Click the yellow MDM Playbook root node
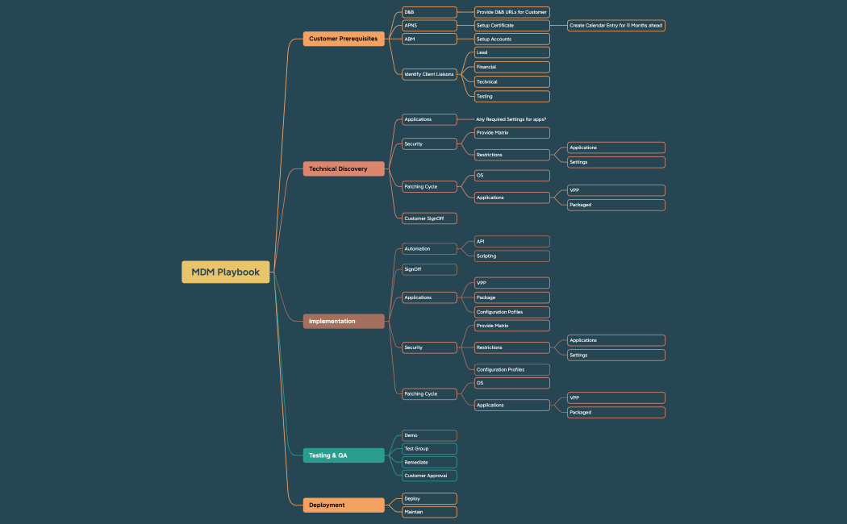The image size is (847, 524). click(225, 272)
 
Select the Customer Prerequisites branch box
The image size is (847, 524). click(344, 39)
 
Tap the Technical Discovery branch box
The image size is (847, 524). click(344, 168)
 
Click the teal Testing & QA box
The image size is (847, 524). click(344, 455)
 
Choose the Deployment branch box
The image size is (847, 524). click(344, 505)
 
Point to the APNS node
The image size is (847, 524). click(429, 26)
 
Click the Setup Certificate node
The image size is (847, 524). click(512, 26)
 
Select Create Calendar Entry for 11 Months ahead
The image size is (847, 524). click(616, 26)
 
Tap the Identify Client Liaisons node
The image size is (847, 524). click(429, 74)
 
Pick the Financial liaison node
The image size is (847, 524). click(512, 67)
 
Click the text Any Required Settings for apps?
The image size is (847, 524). click(511, 119)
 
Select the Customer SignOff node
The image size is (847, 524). click(429, 218)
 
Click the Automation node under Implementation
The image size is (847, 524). click(429, 248)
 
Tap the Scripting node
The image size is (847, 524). click(512, 256)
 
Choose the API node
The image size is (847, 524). click(512, 241)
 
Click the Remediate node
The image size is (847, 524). click(429, 463)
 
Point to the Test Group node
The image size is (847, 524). click(429, 448)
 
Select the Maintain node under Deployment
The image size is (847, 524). click(429, 512)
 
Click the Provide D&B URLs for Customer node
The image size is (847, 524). click(512, 12)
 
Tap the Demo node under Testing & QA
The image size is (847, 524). click(429, 435)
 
